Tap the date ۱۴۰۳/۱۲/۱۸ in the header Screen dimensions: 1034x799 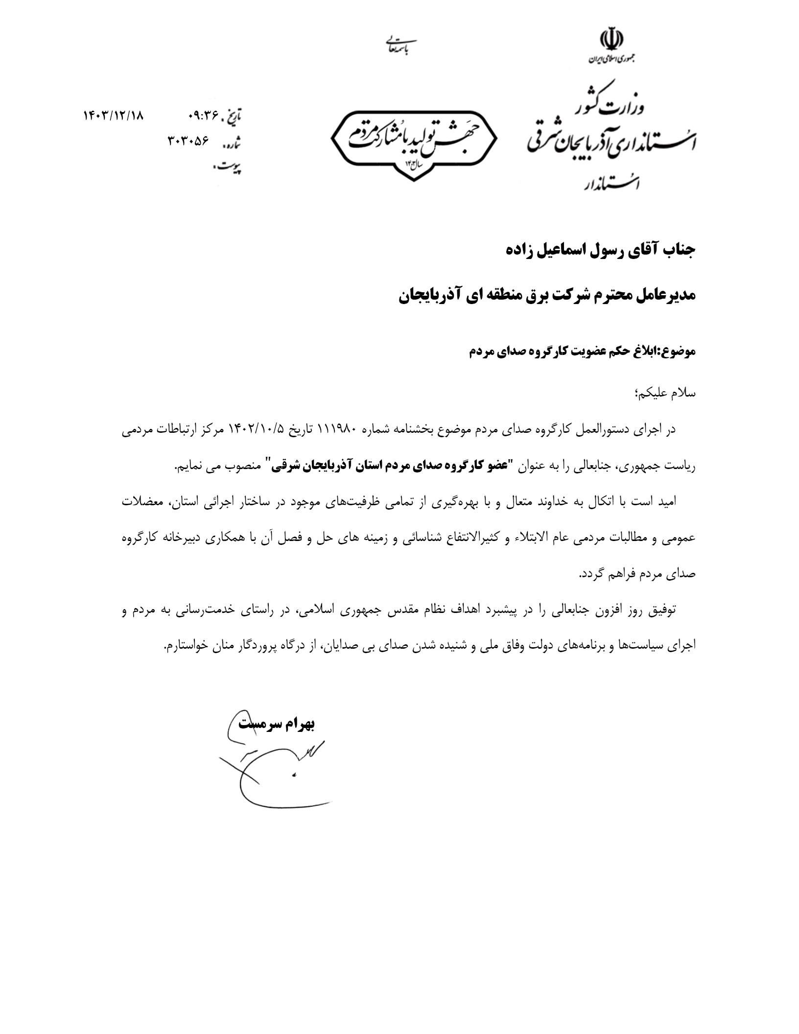114,116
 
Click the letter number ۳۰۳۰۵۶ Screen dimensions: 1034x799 188,141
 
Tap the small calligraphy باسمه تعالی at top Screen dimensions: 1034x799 399,45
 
